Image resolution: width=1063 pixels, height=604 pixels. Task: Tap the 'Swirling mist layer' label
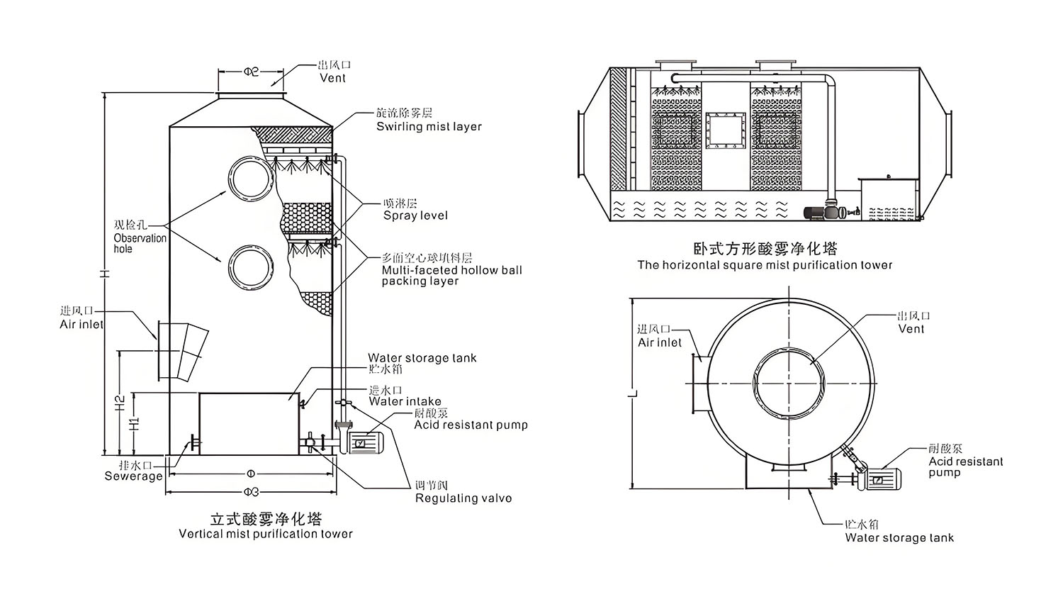coord(429,127)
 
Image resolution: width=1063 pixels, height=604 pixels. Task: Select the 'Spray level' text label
coord(415,216)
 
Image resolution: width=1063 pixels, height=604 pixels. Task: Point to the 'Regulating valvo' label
coord(463,498)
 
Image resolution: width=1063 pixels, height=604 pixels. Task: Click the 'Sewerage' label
coord(133,476)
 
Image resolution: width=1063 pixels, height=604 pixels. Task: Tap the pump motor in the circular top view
coord(882,478)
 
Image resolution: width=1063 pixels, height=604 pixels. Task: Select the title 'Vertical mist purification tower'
coord(265,534)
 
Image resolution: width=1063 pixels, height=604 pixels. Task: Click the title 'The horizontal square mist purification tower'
coord(765,265)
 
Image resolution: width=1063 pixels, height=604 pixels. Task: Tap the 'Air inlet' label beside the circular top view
coord(659,342)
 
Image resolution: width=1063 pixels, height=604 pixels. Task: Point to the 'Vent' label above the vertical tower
coord(332,78)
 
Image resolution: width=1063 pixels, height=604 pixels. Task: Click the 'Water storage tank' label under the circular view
coord(899,538)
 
